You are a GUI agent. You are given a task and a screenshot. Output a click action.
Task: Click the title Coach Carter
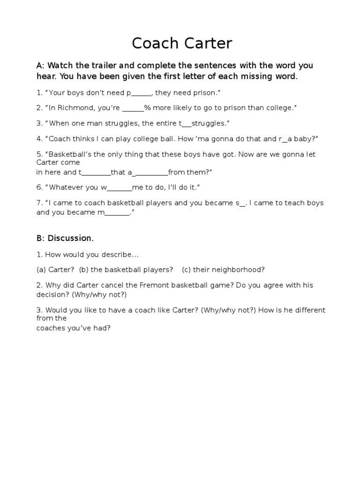coord(182,43)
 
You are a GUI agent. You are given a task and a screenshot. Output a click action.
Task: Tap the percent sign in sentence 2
coord(147,108)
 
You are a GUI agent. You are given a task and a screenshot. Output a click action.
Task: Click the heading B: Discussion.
coord(65,238)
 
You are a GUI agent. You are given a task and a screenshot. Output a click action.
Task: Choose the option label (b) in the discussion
coord(84,270)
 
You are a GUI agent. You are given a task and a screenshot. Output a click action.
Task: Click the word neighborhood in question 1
coord(239,270)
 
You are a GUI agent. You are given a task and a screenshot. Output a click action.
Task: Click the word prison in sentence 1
coord(204,93)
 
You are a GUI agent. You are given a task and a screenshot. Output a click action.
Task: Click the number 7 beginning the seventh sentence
coord(39,203)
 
